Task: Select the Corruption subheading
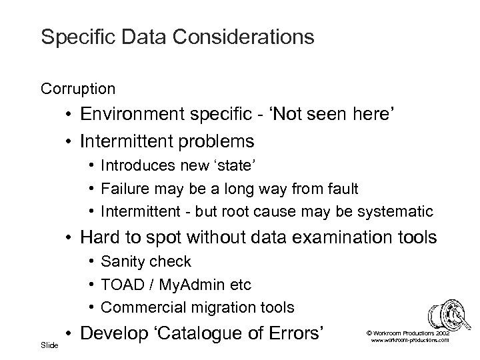click(x=78, y=88)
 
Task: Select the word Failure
click(x=124, y=189)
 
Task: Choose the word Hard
click(x=99, y=237)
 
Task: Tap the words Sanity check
click(x=145, y=261)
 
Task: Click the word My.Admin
click(x=192, y=285)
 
